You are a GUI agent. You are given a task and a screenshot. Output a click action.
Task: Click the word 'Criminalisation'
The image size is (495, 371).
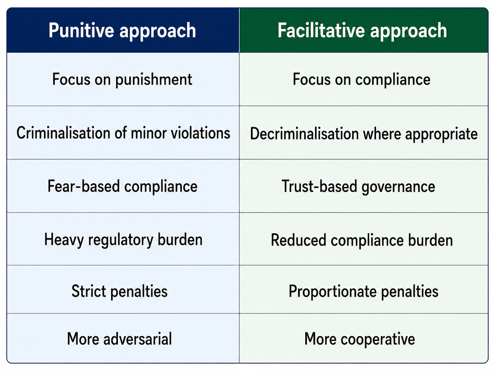click(x=64, y=133)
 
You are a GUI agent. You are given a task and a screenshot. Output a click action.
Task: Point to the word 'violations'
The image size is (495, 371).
click(x=200, y=133)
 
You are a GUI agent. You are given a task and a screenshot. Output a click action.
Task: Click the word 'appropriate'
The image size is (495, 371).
click(x=441, y=135)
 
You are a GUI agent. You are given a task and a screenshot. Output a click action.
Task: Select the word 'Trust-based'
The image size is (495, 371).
click(x=320, y=186)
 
